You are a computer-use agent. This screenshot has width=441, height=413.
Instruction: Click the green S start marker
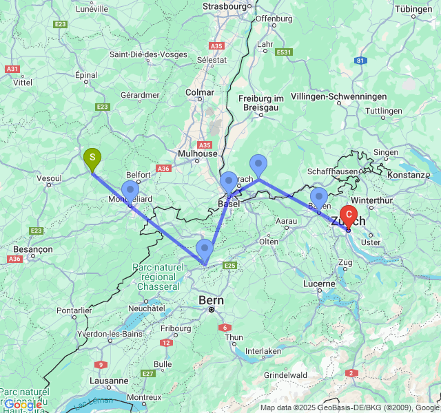pos(92,158)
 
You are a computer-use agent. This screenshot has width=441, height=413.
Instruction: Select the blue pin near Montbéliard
pos(130,191)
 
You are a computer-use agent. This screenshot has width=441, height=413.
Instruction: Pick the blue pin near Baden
pos(318,197)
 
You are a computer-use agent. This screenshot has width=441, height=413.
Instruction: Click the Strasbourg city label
pos(225,6)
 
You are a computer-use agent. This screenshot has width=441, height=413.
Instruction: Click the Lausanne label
pos(109,380)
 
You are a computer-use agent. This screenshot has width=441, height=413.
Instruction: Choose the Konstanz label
pos(409,175)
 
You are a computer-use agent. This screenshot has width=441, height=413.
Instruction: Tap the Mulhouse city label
pos(197,153)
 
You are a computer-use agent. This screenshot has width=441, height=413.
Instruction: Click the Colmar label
pos(200,92)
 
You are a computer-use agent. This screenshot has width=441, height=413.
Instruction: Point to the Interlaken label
pos(263,351)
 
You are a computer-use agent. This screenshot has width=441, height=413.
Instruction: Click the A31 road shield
pos(12,69)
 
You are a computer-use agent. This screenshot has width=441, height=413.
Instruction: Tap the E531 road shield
pos(284,52)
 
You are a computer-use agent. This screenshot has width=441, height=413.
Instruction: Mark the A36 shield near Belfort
pos(163,168)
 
